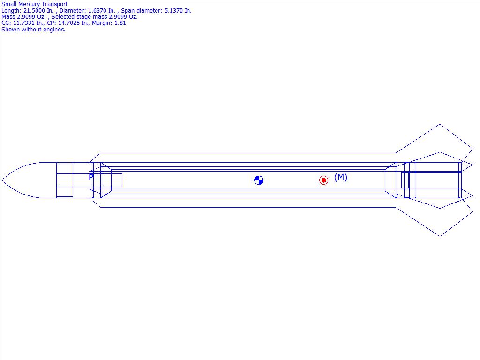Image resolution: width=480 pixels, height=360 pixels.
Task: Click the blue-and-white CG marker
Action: pos(259,180)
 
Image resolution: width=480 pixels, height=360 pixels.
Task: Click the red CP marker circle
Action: pos(323,180)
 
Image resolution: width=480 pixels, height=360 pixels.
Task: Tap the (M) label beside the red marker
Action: pos(341,177)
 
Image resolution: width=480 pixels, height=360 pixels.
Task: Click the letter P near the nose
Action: pos(91,177)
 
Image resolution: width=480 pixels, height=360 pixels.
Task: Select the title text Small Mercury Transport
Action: pos(35,4)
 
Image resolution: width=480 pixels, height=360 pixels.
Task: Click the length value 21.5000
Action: pos(34,10)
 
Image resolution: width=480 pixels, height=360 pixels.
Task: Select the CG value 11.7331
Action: pos(24,23)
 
